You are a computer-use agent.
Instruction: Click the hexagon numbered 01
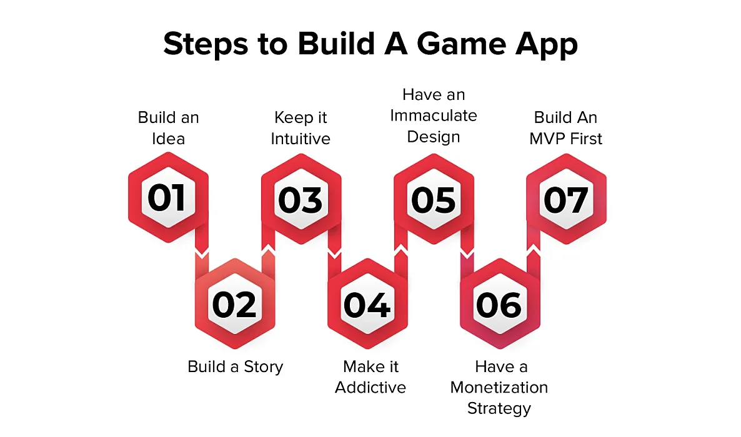[167, 198]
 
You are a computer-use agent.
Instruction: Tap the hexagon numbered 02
[234, 304]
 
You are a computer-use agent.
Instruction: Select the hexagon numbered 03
[301, 198]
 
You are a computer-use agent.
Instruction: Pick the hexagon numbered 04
[367, 304]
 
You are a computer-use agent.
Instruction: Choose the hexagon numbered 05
[434, 198]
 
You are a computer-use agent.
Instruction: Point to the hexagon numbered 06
[500, 304]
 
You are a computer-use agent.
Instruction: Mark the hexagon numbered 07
[566, 198]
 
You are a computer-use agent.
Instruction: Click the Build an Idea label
[168, 127]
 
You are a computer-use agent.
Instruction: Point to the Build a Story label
[236, 366]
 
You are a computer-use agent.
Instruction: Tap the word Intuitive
[301, 139]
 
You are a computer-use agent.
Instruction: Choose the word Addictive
[370, 388]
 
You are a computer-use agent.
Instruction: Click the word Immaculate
[434, 115]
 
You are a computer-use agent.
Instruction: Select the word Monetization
[499, 388]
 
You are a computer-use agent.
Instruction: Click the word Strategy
[499, 409]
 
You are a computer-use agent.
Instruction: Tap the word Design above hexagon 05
[434, 137]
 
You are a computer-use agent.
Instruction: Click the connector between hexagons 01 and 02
[201, 253]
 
